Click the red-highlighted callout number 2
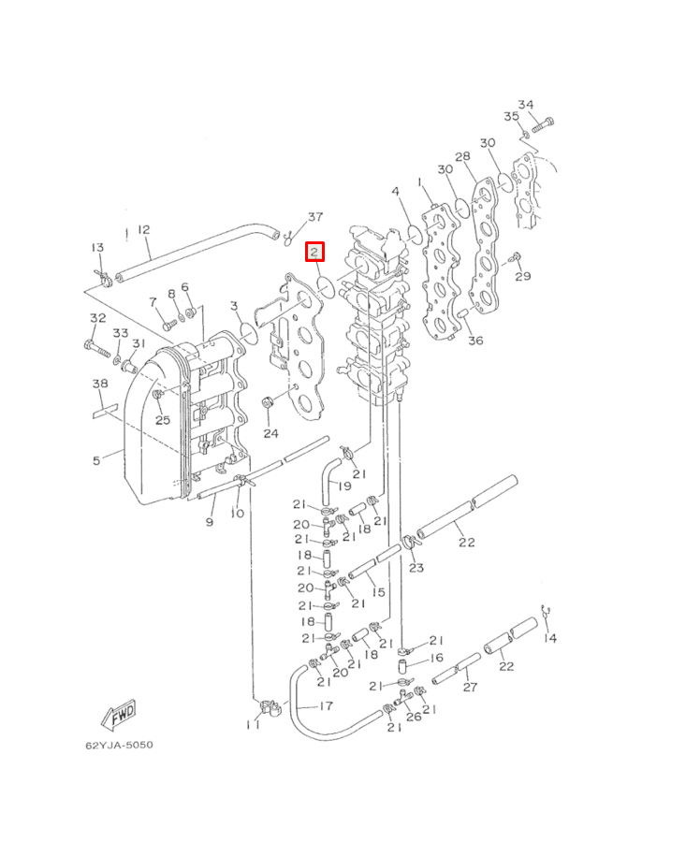click(314, 252)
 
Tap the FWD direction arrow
click(119, 715)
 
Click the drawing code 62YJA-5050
click(119, 745)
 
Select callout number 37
click(315, 217)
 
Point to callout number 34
click(525, 105)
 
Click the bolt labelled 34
click(543, 125)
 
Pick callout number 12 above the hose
click(143, 230)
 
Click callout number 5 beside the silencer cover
click(96, 460)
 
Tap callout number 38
click(100, 384)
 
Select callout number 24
click(270, 433)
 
